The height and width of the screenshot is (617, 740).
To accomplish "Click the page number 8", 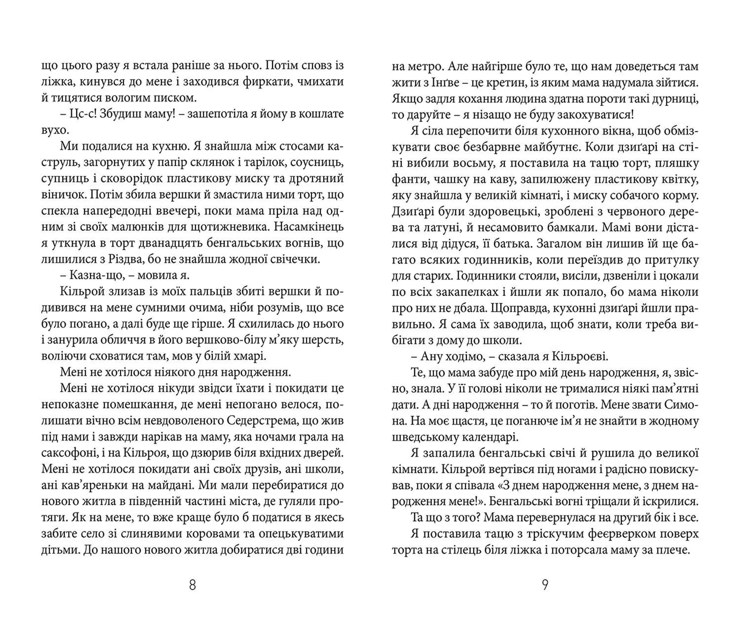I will pyautogui.click(x=193, y=585).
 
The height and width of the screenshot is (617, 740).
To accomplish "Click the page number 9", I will pyautogui.click(x=545, y=585).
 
